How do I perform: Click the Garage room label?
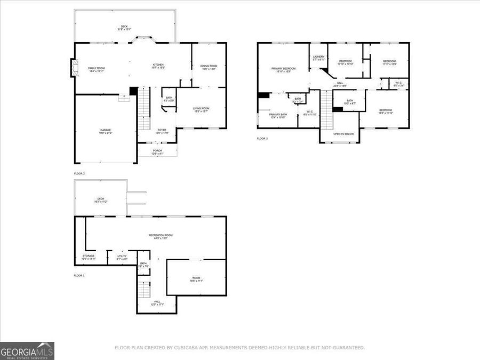(x=105, y=131)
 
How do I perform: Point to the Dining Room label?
(x=209, y=67)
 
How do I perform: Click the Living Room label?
(x=201, y=109)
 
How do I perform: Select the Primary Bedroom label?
(x=283, y=69)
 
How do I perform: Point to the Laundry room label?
(x=319, y=57)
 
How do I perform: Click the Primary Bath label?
(x=278, y=115)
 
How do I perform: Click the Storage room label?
(x=89, y=257)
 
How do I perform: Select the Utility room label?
(x=122, y=257)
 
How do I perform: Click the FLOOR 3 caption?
(x=262, y=139)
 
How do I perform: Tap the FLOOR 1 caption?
(x=79, y=276)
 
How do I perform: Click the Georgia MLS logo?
(x=27, y=351)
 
